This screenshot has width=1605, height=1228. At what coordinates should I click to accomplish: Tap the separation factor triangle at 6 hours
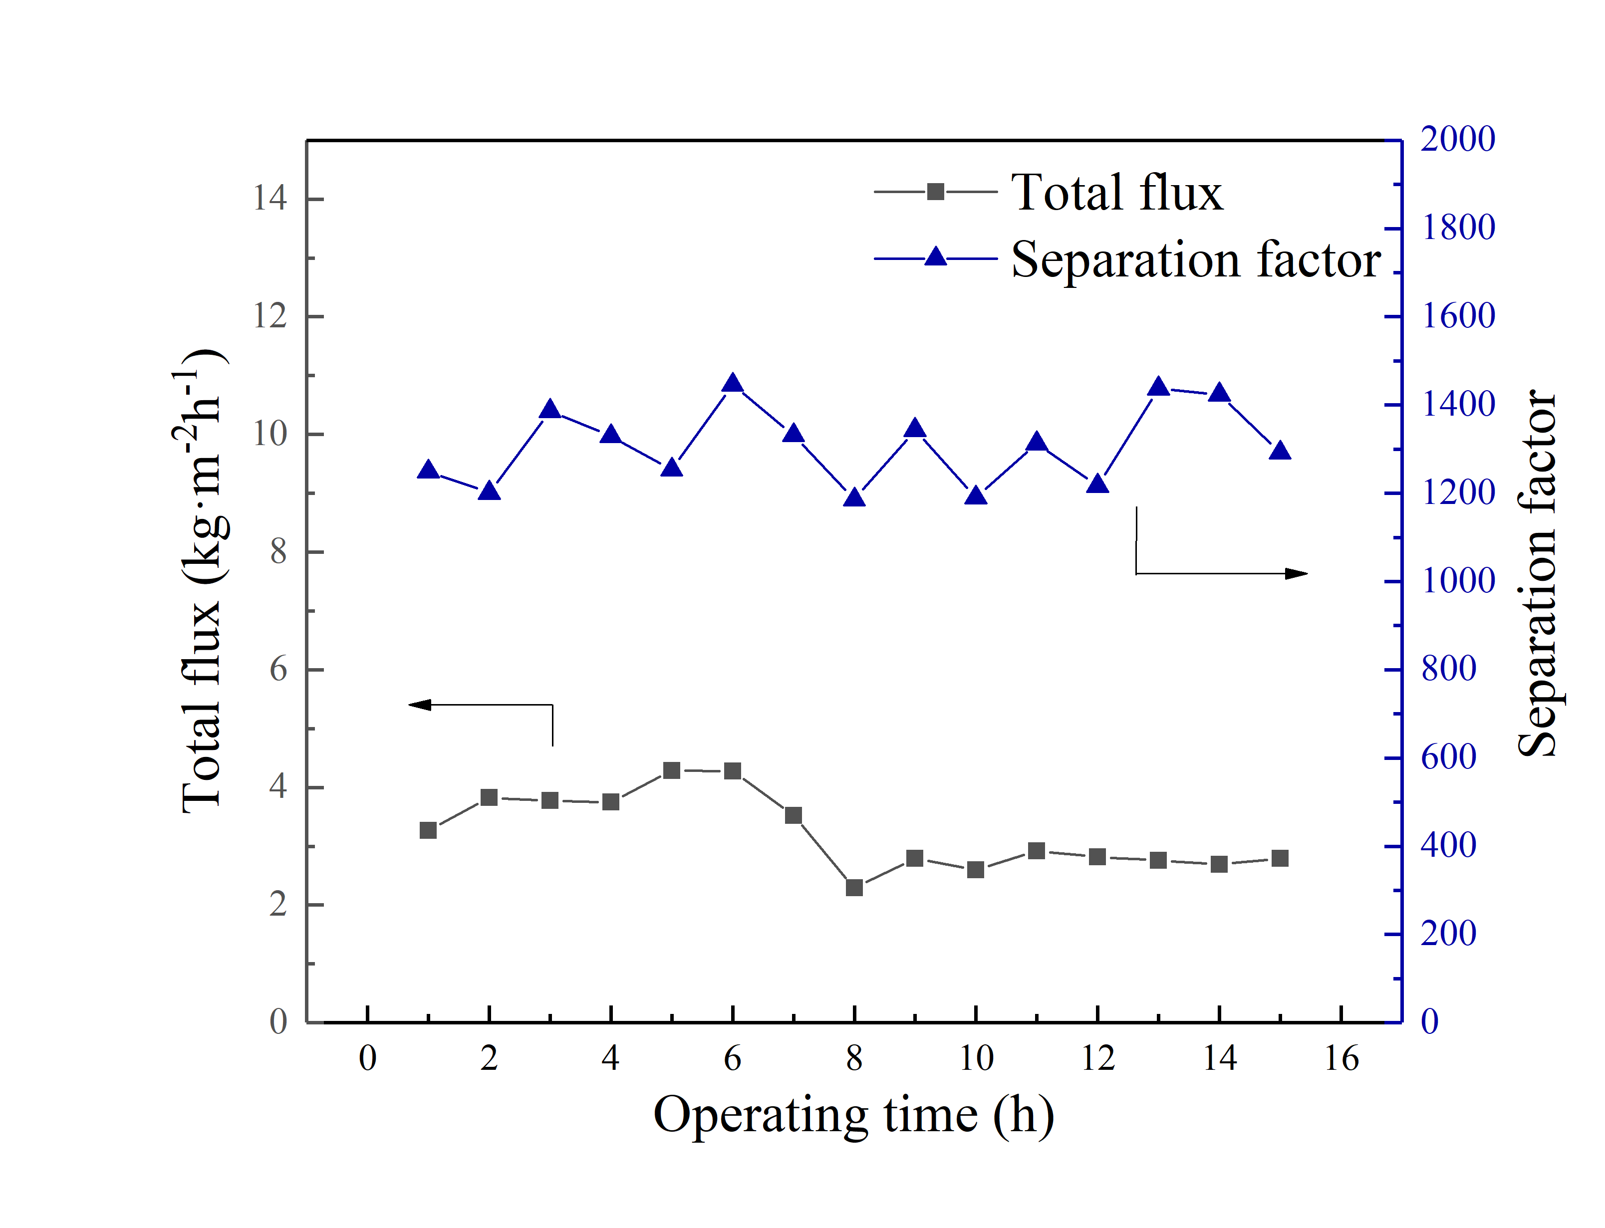732,384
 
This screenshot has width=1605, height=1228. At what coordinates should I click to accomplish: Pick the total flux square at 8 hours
854,887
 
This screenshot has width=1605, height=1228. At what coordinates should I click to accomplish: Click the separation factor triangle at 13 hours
1158,387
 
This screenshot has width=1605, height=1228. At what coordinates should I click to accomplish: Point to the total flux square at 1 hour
428,830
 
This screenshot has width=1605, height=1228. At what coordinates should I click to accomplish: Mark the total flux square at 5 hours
672,770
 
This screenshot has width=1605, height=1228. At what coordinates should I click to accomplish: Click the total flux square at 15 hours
1280,858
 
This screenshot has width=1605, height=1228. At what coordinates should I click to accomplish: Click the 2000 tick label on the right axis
1457,139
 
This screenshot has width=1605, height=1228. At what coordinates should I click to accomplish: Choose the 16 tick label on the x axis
1341,1058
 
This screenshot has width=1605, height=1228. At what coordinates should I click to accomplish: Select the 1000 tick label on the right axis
1457,581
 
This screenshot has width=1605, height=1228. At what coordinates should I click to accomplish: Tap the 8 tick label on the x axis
854,1058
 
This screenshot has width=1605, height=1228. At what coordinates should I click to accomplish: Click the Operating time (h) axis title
854,1115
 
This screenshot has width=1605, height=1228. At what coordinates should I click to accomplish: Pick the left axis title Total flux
202,581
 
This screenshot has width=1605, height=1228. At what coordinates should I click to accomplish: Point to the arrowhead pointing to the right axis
1297,574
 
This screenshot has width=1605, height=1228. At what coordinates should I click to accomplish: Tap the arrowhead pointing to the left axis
419,705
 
